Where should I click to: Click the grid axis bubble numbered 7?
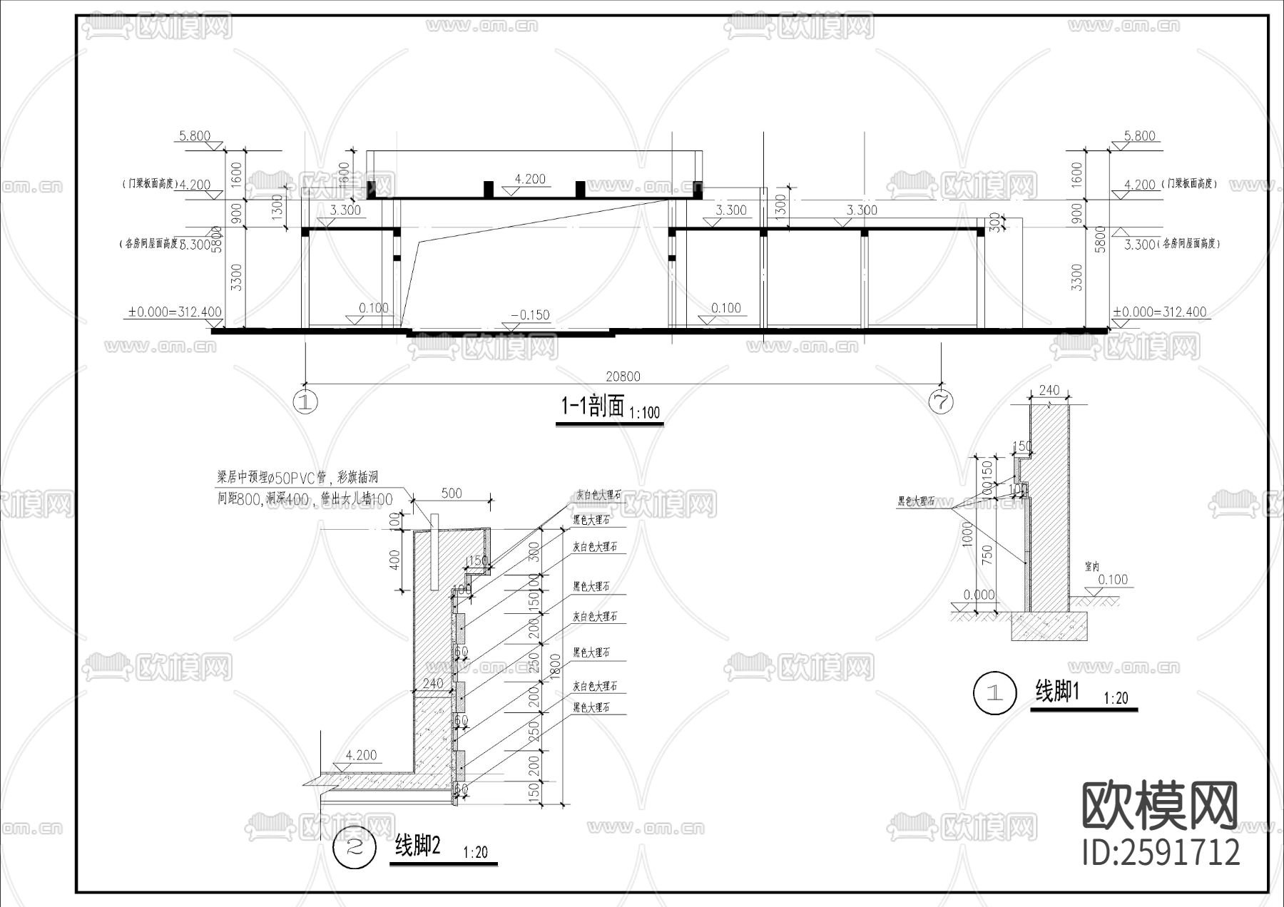pos(941,402)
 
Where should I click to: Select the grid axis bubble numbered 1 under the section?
pos(305,402)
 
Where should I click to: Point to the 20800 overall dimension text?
pos(623,376)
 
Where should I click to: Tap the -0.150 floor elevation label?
pos(531,314)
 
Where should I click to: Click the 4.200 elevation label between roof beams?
pos(529,178)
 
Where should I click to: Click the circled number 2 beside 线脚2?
pos(355,847)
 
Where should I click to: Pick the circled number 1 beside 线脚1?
pos(994,692)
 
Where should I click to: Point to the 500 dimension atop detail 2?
pos(452,493)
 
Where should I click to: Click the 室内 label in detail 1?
pos(1091,566)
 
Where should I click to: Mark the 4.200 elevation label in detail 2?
pos(361,755)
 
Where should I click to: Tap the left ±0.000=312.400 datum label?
pos(175,312)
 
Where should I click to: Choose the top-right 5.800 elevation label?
pos(1138,135)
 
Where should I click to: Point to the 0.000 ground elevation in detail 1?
pos(979,594)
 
